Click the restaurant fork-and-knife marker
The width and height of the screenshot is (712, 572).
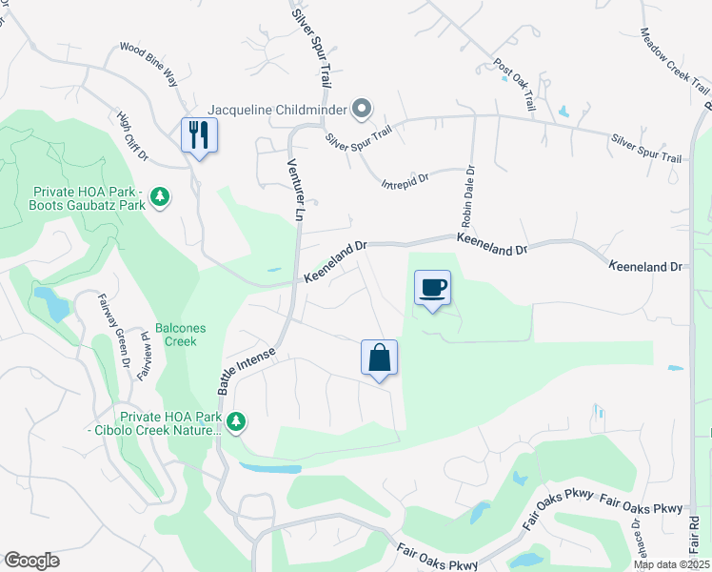(x=199, y=134)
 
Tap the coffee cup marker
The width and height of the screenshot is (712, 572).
(x=433, y=288)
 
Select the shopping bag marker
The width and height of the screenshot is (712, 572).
(x=379, y=358)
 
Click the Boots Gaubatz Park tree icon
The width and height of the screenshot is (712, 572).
(x=161, y=197)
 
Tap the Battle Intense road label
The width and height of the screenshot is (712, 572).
(x=246, y=372)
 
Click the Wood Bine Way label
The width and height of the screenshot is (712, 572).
(x=148, y=62)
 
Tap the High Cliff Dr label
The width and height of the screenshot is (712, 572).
(x=133, y=135)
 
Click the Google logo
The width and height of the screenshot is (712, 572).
(x=32, y=561)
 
